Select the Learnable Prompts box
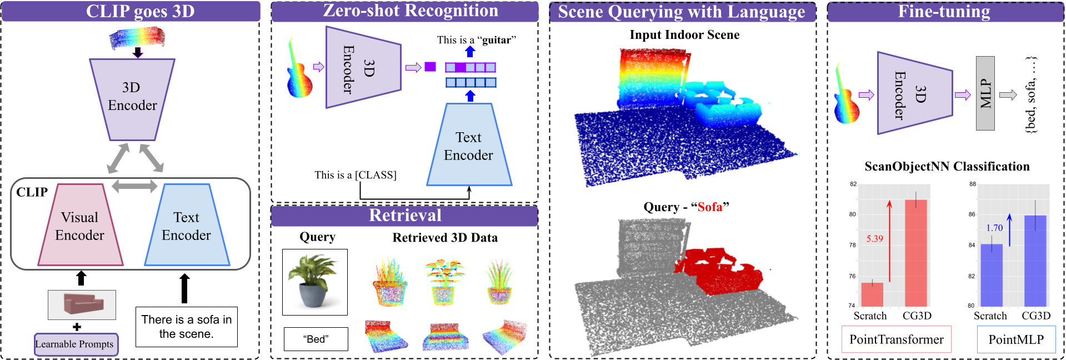click(76, 344)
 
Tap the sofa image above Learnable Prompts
click(82, 304)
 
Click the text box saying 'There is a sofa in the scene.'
click(186, 327)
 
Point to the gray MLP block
click(985, 93)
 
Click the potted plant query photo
click(314, 282)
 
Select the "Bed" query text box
click(316, 339)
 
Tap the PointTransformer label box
click(896, 339)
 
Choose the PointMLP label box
click(1015, 339)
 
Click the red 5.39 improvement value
click(874, 239)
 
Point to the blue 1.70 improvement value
click(994, 228)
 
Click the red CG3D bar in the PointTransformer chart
click(915, 253)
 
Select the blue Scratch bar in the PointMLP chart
click(991, 275)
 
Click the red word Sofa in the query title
click(709, 207)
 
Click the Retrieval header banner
click(404, 216)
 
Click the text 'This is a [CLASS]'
click(355, 175)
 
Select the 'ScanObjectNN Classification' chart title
click(947, 167)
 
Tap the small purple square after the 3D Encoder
click(430, 67)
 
